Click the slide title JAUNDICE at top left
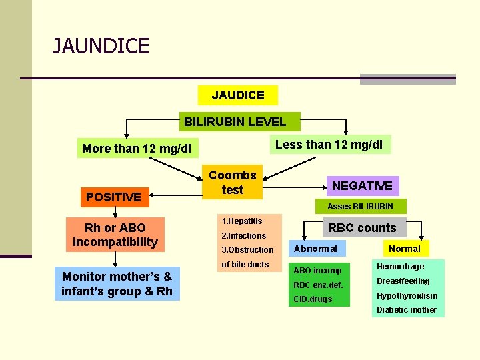101,47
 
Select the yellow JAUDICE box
238,95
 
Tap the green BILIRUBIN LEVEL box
235,121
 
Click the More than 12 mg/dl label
136,148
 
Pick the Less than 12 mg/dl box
329,144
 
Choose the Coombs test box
233,182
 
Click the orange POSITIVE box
113,197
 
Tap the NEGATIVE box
362,185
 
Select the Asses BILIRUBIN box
360,206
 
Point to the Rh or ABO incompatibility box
115,235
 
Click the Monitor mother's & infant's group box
117,283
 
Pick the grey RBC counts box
362,227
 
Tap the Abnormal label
315,249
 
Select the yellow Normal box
405,249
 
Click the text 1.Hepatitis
241,221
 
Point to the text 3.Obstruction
247,249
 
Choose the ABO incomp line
317,270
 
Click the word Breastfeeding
403,281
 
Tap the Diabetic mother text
407,309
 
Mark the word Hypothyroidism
407,295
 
